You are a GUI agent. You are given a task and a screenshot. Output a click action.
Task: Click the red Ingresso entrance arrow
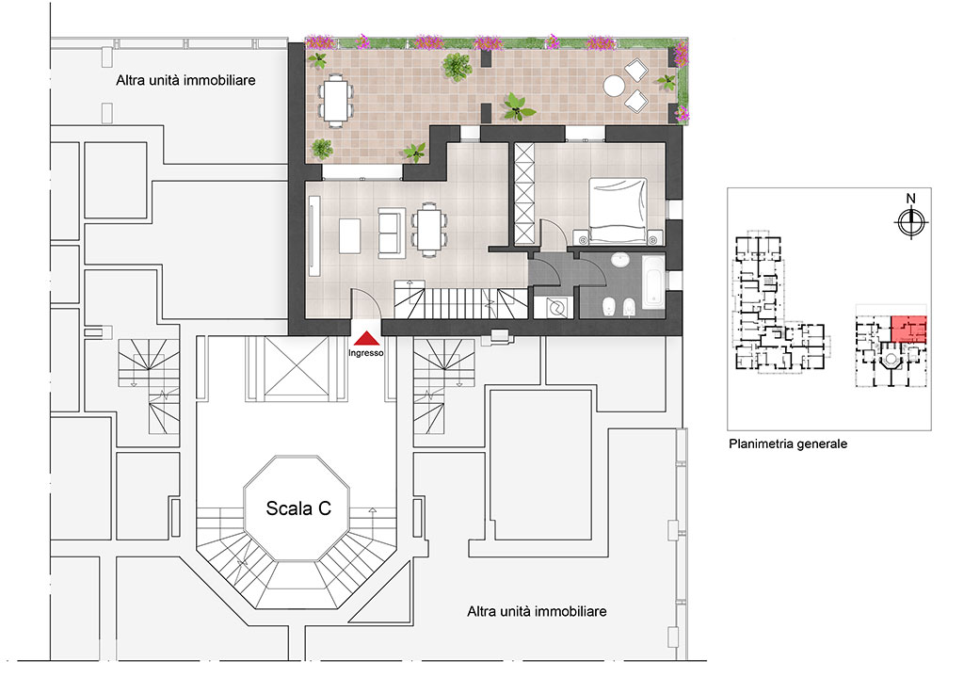365,337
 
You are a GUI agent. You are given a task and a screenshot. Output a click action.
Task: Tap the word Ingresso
365,354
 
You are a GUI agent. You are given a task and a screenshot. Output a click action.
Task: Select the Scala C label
297,508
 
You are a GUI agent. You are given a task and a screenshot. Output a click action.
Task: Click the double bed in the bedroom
618,207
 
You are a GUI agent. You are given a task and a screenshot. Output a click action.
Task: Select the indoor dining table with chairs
429,230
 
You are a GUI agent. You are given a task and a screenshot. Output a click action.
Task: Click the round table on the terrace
615,86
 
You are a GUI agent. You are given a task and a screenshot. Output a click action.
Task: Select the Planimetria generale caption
788,443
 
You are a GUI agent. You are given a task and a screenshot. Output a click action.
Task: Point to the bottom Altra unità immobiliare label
537,611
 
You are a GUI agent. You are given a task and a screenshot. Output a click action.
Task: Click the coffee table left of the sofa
349,234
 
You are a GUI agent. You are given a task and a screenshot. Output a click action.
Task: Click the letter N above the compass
909,199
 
